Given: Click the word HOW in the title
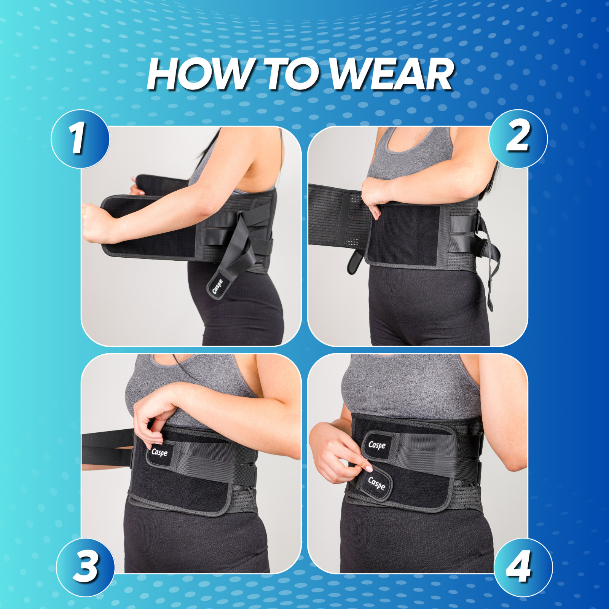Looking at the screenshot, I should (x=198, y=74).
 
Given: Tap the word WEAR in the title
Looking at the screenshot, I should (x=392, y=74).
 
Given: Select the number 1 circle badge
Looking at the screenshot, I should (x=80, y=139).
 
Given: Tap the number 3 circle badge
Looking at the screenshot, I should (x=86, y=567).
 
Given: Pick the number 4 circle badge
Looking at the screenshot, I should (x=523, y=567).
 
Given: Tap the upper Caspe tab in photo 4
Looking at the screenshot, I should (x=377, y=445).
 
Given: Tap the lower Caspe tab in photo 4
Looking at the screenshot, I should (x=376, y=484).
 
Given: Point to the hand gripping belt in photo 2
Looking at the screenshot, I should (x=375, y=194).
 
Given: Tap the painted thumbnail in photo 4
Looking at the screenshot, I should (x=368, y=468).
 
